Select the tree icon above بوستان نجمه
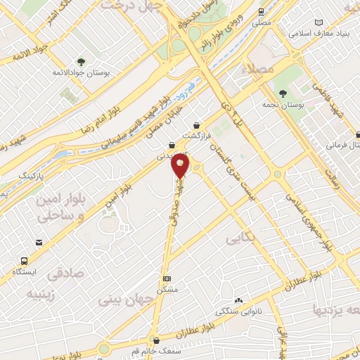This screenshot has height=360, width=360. [283, 94]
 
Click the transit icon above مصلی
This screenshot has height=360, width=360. [262, 12]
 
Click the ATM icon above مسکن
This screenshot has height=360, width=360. [166, 279]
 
